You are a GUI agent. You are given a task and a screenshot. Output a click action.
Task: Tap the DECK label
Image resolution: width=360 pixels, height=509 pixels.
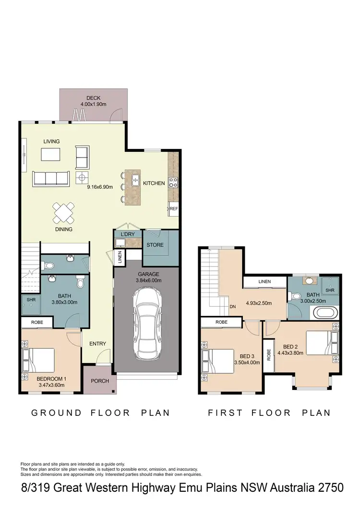click(x=93, y=98)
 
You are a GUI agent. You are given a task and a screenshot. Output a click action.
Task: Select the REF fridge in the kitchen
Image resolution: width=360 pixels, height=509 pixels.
click(x=173, y=209)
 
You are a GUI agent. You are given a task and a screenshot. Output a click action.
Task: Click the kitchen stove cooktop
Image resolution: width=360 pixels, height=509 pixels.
click(x=173, y=182)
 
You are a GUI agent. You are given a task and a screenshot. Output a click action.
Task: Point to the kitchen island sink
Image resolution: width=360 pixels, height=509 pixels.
click(x=136, y=181)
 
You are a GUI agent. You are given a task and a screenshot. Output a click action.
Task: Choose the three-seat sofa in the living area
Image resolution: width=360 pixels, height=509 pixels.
click(x=50, y=178)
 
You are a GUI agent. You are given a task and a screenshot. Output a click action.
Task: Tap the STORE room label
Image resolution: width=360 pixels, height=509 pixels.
click(x=155, y=245)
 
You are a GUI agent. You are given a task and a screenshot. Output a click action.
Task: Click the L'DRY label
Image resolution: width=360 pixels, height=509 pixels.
click(x=128, y=234)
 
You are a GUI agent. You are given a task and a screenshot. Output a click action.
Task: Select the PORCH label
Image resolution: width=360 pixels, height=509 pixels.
click(x=100, y=381)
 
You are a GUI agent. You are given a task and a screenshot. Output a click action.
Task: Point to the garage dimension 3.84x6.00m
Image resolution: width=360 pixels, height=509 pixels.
click(x=147, y=280)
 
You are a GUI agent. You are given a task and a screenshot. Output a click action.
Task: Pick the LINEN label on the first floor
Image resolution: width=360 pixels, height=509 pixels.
click(x=264, y=281)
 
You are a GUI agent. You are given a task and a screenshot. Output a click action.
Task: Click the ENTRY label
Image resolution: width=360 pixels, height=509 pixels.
click(x=97, y=344)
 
